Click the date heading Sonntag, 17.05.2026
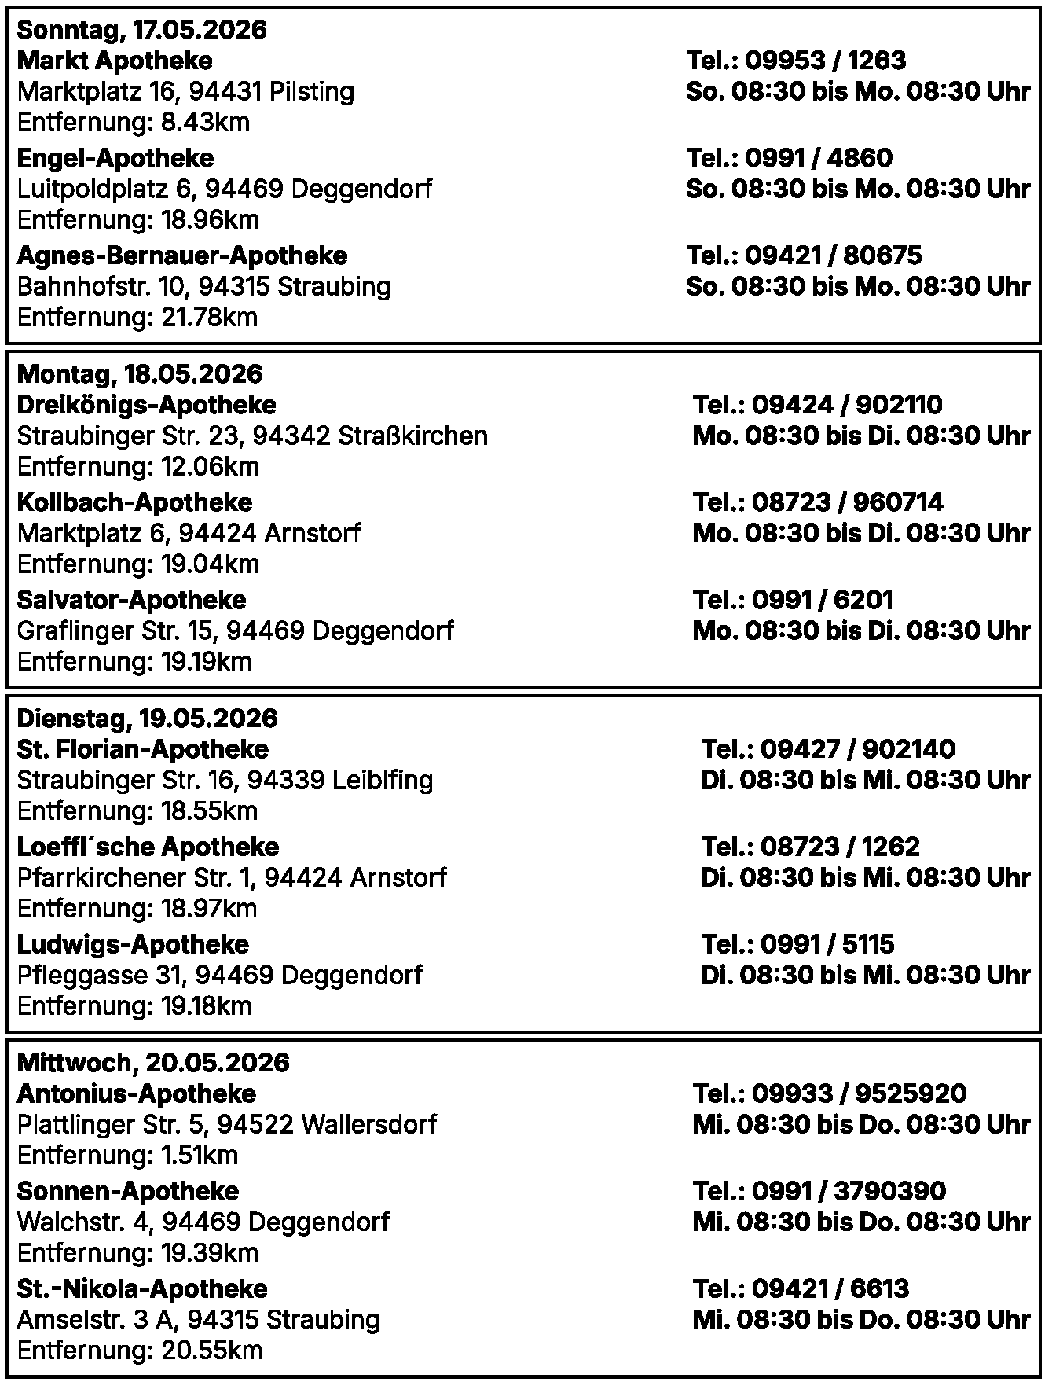point(141,30)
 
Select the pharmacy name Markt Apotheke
point(115,61)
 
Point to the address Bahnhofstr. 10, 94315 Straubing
point(203,286)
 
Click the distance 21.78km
point(209,318)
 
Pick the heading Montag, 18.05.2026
point(140,374)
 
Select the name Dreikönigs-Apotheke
point(146,405)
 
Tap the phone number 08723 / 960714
point(847,502)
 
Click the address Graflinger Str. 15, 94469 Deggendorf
point(235,630)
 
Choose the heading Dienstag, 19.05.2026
point(147,719)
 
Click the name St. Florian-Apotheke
point(142,749)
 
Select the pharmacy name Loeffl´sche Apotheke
point(148,847)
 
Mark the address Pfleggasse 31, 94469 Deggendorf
point(219,975)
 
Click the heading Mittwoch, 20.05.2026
point(152,1063)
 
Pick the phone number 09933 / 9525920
point(859,1093)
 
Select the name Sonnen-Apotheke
point(127,1191)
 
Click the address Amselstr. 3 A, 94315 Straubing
point(198,1319)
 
